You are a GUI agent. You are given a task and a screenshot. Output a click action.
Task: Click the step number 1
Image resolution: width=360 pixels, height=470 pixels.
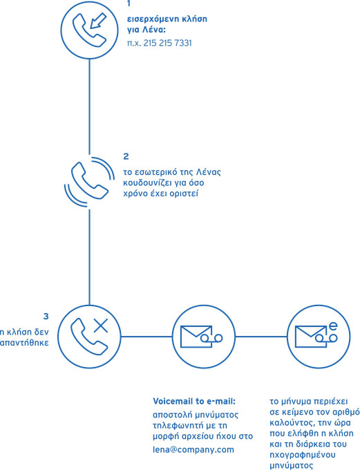129,3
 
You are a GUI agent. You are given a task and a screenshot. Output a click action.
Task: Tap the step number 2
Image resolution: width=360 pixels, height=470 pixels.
126,156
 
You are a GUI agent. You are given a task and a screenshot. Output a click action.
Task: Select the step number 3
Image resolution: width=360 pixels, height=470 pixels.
46,317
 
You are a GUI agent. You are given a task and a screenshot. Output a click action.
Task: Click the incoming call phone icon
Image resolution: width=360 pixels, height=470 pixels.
89,30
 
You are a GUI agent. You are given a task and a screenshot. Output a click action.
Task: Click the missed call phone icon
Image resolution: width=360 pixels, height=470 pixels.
89,337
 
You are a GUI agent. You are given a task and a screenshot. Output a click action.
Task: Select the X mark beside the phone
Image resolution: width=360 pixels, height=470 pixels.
101,326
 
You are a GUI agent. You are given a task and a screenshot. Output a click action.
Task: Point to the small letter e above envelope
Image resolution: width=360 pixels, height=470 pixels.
333,326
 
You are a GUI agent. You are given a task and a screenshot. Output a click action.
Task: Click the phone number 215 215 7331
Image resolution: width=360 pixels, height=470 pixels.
167,43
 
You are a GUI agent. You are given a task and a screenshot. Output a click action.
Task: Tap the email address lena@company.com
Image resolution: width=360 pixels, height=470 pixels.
193,450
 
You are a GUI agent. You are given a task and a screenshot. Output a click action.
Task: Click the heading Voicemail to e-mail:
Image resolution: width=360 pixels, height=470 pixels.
194,401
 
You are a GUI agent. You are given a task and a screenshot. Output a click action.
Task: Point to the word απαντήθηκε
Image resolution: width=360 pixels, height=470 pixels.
24,343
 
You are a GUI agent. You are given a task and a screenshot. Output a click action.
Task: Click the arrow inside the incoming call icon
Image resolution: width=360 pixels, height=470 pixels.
98,20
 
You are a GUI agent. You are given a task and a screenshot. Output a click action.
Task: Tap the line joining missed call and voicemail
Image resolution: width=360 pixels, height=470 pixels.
146,337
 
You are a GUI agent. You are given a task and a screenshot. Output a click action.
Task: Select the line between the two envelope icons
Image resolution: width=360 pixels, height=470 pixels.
261,337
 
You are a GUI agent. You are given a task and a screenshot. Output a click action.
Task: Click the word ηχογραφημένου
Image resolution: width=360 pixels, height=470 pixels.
303,455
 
